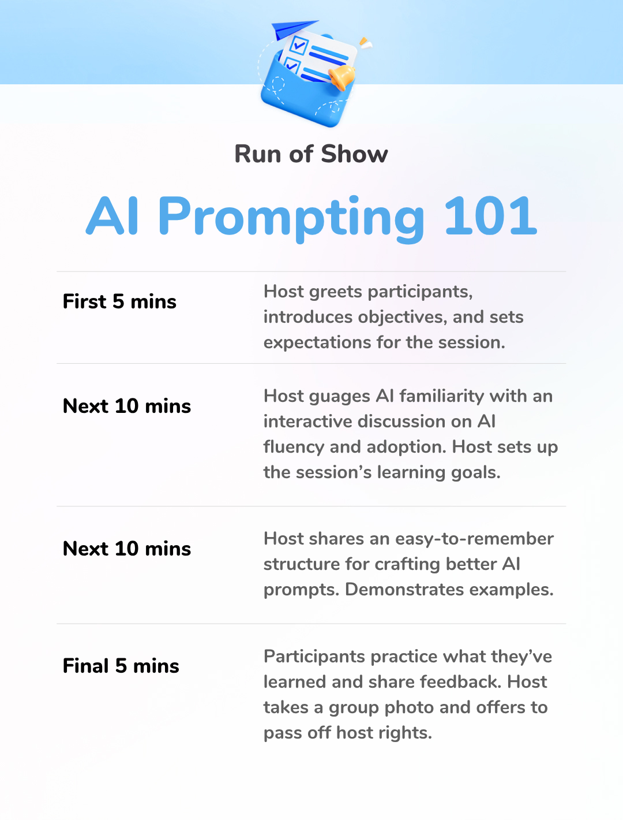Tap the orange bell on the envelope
point(341,77)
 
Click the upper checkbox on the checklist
point(299,45)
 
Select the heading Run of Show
point(311,154)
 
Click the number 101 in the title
point(490,216)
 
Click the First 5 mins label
point(119,301)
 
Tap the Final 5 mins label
point(121,666)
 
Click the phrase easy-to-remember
point(474,539)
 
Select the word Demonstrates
point(404,590)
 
